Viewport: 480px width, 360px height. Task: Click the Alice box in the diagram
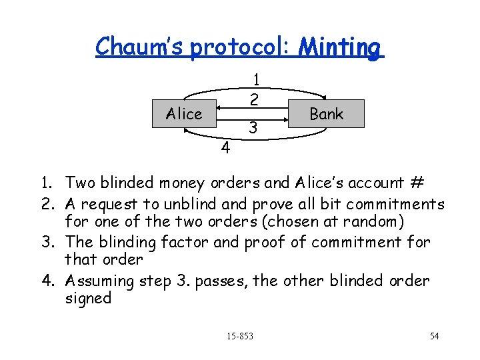click(x=183, y=114)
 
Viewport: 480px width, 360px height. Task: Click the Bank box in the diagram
click(x=327, y=114)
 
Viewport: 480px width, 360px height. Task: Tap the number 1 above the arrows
click(x=256, y=80)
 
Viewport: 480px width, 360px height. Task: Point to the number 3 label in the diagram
click(x=253, y=126)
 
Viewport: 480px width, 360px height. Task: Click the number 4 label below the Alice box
click(x=225, y=147)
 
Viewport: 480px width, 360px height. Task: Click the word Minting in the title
click(x=341, y=47)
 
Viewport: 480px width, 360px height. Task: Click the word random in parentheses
click(x=396, y=223)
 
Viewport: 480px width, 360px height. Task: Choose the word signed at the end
click(x=88, y=298)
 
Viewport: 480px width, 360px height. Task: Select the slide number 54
click(x=434, y=335)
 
